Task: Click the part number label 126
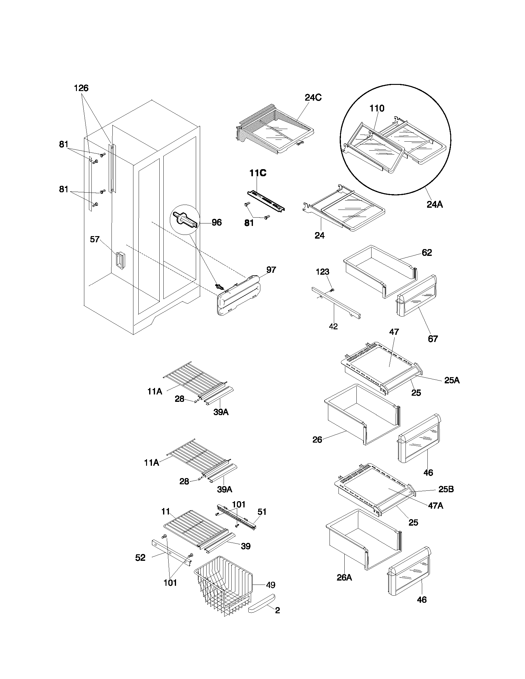[81, 88]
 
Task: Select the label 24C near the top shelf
[313, 98]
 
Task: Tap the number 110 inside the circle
[377, 109]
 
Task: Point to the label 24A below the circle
[435, 205]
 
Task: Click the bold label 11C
[258, 173]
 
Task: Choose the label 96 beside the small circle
[216, 223]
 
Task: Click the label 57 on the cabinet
[95, 240]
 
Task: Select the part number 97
[271, 270]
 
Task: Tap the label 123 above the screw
[322, 272]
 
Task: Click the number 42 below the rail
[333, 327]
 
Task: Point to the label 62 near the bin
[427, 253]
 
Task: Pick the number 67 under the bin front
[433, 339]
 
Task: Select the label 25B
[446, 489]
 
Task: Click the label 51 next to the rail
[262, 512]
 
